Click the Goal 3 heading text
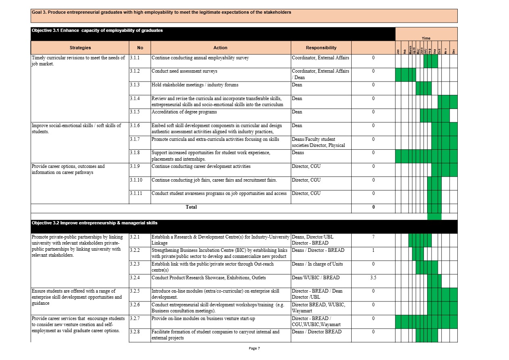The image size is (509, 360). [161, 12]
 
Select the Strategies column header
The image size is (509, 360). [80, 48]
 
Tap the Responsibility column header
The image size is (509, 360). [321, 48]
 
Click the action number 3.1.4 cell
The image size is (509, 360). [135, 98]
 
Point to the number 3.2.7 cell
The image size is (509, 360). [135, 318]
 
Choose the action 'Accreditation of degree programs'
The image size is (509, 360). [184, 112]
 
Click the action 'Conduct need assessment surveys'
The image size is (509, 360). [184, 71]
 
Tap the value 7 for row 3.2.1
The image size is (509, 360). [373, 237]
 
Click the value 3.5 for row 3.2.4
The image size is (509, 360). [373, 278]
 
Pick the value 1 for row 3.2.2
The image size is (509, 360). [373, 250]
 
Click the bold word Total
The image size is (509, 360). [191, 207]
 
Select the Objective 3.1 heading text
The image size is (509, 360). [97, 30]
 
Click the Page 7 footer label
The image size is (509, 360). [255, 348]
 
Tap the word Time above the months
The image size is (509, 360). [426, 38]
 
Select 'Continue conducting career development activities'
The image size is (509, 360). [201, 166]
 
